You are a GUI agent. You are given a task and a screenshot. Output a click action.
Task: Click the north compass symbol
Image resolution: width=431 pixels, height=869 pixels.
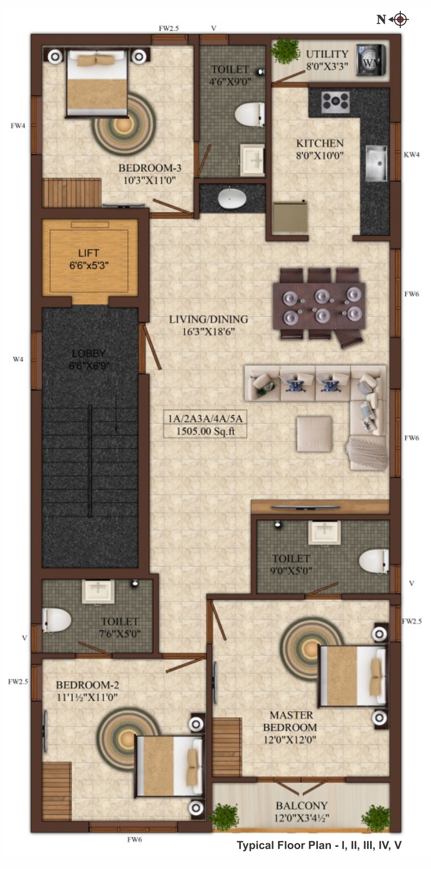[400, 20]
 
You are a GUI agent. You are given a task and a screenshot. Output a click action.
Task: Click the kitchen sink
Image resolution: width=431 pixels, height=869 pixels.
[376, 163]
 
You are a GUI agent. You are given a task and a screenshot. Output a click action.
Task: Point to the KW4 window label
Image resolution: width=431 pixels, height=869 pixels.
[411, 155]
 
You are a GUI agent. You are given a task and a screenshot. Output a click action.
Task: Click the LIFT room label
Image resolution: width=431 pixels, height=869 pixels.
[89, 253]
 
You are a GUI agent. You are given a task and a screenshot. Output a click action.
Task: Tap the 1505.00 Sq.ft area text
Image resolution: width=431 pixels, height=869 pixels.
[205, 431]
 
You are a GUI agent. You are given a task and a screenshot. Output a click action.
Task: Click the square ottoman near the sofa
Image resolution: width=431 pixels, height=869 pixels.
[314, 434]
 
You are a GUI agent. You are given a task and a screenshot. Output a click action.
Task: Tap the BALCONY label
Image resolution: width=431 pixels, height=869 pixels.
[301, 805]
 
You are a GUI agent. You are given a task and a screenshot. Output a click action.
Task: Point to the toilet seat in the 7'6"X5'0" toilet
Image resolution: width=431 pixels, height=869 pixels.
[56, 620]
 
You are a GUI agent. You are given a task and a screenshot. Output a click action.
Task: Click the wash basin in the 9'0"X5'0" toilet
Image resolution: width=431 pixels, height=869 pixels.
[324, 532]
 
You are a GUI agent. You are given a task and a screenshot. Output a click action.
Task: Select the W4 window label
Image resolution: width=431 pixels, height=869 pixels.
[18, 359]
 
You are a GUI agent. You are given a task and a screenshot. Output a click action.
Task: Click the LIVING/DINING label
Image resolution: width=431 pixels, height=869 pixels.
[208, 319]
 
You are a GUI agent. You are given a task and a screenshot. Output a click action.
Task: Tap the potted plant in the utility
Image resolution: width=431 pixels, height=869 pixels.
[285, 51]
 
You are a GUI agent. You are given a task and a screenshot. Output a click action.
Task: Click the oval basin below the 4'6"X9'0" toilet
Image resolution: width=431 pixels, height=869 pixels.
[232, 199]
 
